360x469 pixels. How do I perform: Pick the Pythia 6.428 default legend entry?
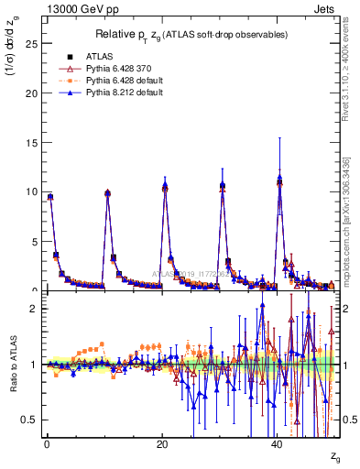point(116,81)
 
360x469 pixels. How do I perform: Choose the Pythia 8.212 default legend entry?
point(116,93)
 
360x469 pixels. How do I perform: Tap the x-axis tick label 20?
point(161,444)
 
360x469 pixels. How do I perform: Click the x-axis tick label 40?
point(277,444)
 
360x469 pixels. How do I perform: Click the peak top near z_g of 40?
point(279,178)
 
